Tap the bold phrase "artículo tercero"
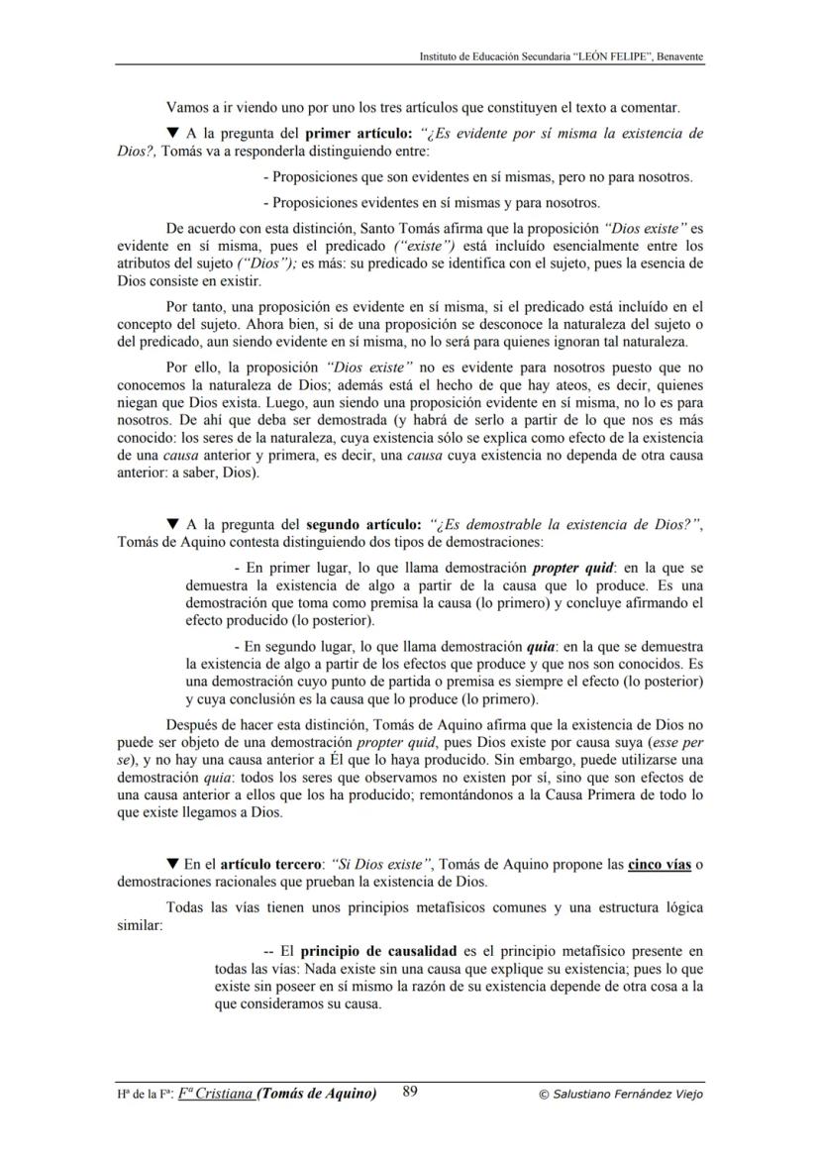click(x=267, y=865)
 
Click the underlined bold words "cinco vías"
click(x=660, y=865)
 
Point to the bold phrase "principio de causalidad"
click(x=378, y=951)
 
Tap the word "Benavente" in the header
click(x=676, y=56)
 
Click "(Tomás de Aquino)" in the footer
click(x=316, y=1094)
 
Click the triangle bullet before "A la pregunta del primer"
click(x=172, y=133)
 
